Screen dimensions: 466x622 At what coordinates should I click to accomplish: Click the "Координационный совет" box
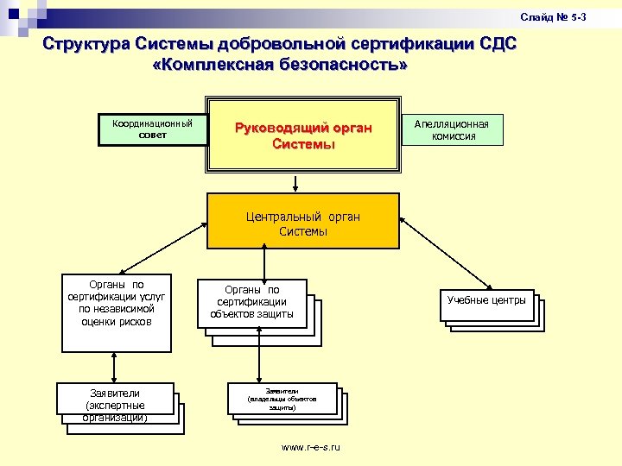click(152, 129)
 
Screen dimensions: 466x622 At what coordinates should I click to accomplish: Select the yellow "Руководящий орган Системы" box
click(303, 136)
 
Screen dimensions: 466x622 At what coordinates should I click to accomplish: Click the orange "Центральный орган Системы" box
click(303, 224)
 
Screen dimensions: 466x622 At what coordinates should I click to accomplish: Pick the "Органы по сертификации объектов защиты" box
click(252, 303)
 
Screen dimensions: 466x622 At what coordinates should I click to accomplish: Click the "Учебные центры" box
click(486, 301)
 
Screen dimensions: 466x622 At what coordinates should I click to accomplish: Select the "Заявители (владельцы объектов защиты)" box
click(282, 398)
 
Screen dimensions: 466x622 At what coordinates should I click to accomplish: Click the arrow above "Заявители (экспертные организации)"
click(115, 366)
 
